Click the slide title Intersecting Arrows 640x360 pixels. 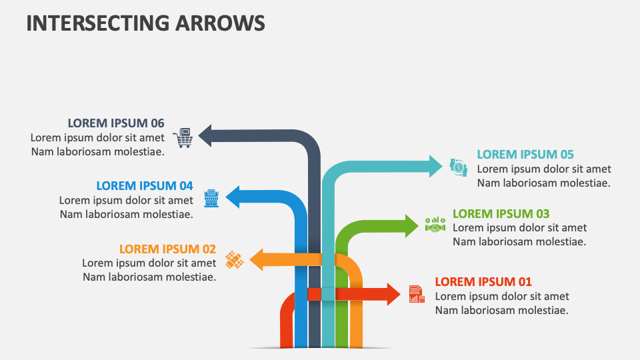[145, 22]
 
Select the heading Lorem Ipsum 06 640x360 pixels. [116, 123]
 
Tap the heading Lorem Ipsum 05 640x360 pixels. [525, 154]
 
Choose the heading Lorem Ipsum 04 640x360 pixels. [145, 185]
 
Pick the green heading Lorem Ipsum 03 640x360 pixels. [501, 213]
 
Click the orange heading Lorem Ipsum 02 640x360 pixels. [167, 249]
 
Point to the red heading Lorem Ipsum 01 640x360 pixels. [483, 281]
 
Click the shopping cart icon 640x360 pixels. [182, 137]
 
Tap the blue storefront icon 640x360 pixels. [211, 197]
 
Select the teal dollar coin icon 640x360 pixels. [459, 167]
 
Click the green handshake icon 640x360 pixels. [435, 225]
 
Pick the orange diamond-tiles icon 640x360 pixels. [234, 259]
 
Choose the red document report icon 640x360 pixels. [417, 293]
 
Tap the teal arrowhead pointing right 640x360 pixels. [435, 166]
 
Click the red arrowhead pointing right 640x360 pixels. [393, 293]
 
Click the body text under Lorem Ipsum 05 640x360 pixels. [544, 176]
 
